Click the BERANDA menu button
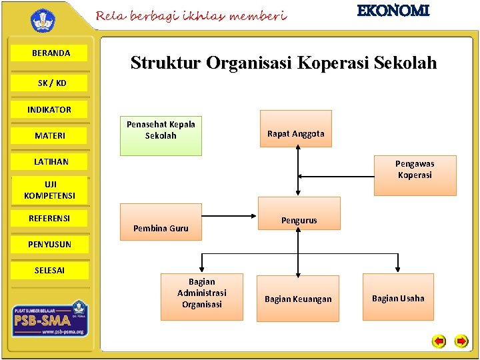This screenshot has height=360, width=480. coord(51,53)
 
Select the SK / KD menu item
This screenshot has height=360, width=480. coord(51,83)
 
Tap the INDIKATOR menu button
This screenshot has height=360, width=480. coord(49,109)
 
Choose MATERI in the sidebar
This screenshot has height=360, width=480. coord(50,136)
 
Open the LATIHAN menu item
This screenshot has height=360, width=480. coord(51,162)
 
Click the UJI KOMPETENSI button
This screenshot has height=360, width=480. coord(50,190)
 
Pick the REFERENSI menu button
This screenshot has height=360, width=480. coord(49,218)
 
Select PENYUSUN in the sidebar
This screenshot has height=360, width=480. coord(49,245)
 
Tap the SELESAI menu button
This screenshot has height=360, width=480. coord(49,270)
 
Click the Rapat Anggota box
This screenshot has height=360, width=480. coord(295,133)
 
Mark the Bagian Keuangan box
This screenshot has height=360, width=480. coord(297,298)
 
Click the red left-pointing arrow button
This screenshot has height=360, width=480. coord(439,341)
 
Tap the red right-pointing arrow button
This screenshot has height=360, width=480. coord(461,341)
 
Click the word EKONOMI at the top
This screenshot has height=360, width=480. coord(393,11)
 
